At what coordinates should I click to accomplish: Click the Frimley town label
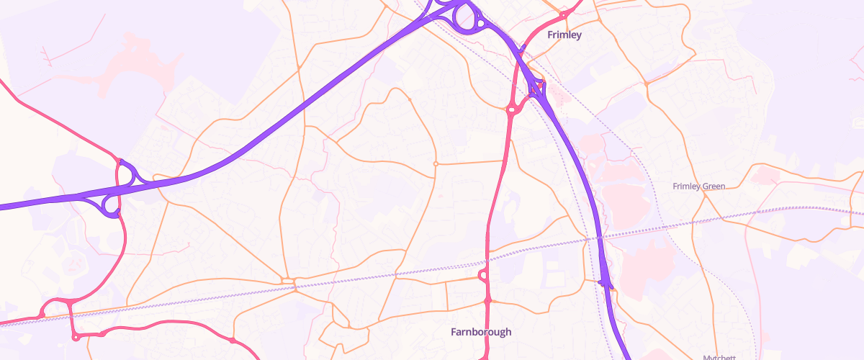(x=564, y=35)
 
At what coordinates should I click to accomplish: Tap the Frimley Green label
(x=698, y=186)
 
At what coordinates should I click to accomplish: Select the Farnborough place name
(x=481, y=332)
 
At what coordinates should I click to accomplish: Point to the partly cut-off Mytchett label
(x=737, y=356)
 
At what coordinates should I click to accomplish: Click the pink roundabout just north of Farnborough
(x=482, y=276)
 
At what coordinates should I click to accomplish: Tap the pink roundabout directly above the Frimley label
(x=563, y=14)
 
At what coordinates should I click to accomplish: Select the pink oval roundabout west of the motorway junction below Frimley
(x=512, y=110)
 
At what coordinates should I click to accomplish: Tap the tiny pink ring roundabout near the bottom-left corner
(x=76, y=337)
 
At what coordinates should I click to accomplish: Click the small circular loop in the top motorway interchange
(x=479, y=24)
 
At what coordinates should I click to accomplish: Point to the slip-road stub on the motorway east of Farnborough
(x=605, y=282)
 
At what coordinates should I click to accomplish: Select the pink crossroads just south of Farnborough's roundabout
(x=487, y=300)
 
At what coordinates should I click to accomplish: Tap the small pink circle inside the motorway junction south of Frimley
(x=537, y=89)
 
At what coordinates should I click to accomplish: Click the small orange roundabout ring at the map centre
(x=436, y=164)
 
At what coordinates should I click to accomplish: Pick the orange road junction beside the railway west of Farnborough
(x=288, y=281)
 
